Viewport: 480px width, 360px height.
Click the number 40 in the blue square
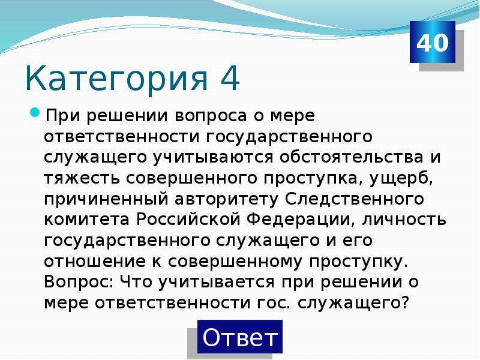pyautogui.click(x=432, y=43)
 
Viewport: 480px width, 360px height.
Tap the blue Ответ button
pyautogui.click(x=239, y=337)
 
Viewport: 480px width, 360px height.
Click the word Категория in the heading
pyautogui.click(x=116, y=79)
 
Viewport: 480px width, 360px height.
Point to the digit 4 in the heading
pyautogui.click(x=229, y=77)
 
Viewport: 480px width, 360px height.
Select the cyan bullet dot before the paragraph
pyautogui.click(x=35, y=112)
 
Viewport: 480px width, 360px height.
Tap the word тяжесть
pyautogui.click(x=82, y=178)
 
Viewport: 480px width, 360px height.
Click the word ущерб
pyautogui.click(x=401, y=178)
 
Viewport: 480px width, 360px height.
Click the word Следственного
pyautogui.click(x=355, y=199)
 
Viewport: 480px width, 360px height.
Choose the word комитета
pyautogui.click(x=86, y=220)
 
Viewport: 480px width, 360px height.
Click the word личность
pyautogui.click(x=404, y=220)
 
